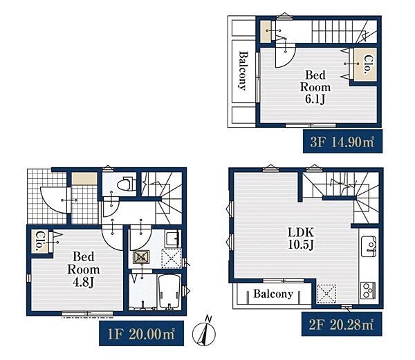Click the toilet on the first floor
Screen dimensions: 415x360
pos(127,184)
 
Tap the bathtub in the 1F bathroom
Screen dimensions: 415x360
pos(169,292)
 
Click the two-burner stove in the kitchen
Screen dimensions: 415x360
pos(368,290)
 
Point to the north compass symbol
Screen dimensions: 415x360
pos(204,332)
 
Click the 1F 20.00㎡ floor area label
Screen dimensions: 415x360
pos(141,333)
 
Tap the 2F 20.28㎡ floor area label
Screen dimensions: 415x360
pos(342,324)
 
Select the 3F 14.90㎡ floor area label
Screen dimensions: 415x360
pos(342,142)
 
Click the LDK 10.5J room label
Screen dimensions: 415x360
pos(301,238)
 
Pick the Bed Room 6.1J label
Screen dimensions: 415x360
pos(315,87)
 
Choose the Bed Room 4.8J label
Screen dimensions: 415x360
pos(84,269)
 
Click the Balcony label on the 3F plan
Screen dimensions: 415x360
pos(243,71)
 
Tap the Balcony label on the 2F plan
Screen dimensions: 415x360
pos(273,294)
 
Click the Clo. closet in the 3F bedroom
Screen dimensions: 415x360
pos(365,64)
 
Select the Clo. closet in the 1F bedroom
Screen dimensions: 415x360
pos(40,241)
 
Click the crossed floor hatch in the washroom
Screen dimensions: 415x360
pos(141,257)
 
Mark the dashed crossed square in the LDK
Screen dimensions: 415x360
pos(326,294)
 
